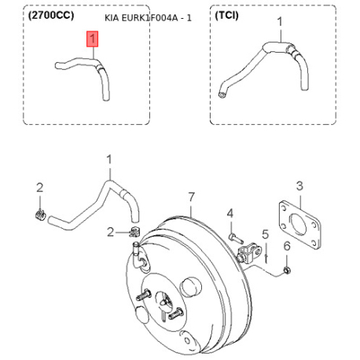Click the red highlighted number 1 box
click(93, 39)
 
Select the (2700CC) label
click(51, 16)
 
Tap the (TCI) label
click(226, 16)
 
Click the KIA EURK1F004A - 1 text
click(148, 18)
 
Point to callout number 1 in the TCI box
click(280, 22)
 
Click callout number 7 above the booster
click(192, 197)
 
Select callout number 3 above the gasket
click(299, 186)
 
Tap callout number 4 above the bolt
click(230, 214)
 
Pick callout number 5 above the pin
click(266, 234)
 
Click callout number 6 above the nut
click(287, 246)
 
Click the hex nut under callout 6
click(287, 270)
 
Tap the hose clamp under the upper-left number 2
click(40, 215)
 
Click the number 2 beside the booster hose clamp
click(111, 232)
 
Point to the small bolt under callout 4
click(236, 238)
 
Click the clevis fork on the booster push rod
click(250, 253)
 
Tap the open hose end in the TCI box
click(222, 94)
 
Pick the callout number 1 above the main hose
click(109, 160)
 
